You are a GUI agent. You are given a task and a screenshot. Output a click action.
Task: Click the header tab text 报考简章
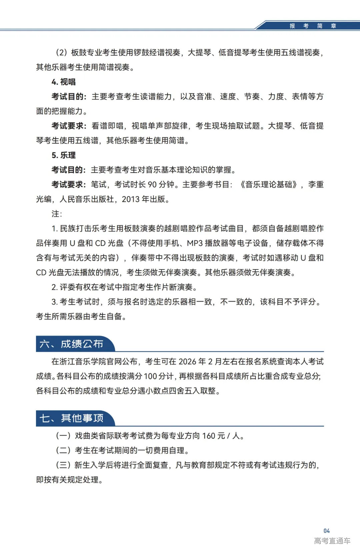[x=313, y=26]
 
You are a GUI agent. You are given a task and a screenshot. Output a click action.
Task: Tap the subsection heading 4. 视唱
[x=63, y=82]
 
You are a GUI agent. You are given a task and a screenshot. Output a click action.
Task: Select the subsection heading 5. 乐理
[x=63, y=155]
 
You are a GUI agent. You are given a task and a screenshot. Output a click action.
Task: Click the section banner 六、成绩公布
[x=71, y=344]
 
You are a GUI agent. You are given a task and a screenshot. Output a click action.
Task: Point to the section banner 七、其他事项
[x=71, y=418]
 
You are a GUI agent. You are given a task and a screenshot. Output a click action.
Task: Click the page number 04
[x=326, y=531]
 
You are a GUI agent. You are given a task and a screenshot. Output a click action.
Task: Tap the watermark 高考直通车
[x=332, y=541]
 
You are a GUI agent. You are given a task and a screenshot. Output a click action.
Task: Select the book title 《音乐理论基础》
[x=268, y=184]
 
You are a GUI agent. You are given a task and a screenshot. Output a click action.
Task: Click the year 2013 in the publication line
[x=130, y=199]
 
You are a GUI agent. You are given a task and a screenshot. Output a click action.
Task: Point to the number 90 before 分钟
[x=152, y=184]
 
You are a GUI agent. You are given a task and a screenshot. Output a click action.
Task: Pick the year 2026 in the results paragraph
[x=187, y=362]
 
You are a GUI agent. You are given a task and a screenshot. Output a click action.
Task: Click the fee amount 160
[x=209, y=436]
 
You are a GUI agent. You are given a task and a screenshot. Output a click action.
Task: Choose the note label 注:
[x=57, y=214]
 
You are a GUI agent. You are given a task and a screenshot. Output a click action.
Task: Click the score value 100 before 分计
[x=150, y=376]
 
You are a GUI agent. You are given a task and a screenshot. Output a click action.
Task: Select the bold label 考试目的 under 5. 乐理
[x=67, y=170]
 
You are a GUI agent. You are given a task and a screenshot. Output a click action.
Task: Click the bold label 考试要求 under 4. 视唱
[x=67, y=126]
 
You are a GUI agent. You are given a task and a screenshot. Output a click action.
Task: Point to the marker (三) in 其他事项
[x=63, y=465]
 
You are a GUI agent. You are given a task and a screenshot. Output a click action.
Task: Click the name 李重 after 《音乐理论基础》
[x=316, y=184]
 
